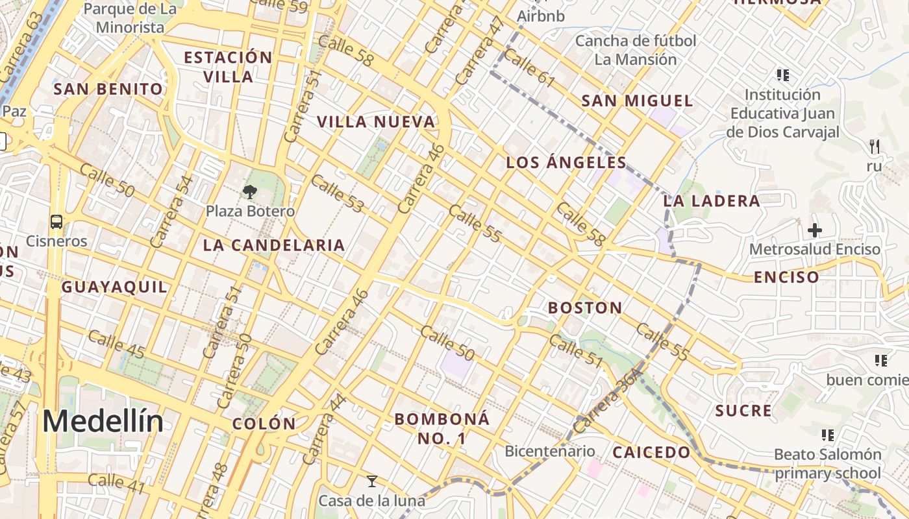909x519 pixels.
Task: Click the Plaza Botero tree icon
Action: pos(249,191)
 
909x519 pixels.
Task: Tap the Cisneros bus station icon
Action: pos(56,222)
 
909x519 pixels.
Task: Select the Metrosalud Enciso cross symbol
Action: pos(815,230)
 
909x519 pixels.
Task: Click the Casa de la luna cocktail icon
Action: pos(372,481)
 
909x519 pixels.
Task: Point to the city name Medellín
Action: pos(103,422)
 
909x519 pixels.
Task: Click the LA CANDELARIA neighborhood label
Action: pos(273,245)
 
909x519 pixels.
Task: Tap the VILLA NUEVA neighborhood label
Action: pos(375,122)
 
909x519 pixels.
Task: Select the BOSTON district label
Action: pos(585,308)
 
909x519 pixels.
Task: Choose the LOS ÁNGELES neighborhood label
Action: pos(566,163)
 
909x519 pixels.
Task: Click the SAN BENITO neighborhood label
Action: pos(108,89)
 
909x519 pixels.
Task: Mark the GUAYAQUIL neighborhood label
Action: pos(114,287)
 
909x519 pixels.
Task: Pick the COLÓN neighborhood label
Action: pos(264,424)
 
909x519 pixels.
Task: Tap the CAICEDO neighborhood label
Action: pos(651,452)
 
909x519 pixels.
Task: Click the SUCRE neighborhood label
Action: pos(743,411)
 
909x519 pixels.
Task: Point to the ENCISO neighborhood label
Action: pos(786,278)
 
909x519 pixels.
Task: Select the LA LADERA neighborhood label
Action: pos(712,201)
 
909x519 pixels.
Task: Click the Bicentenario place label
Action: pos(549,451)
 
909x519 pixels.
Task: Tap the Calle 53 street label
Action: pos(337,193)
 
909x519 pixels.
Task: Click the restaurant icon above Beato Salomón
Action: pos(827,435)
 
